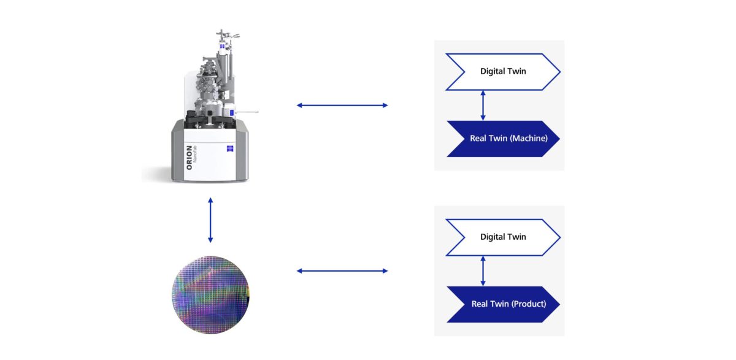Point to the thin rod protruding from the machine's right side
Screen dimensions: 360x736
pyautogui.click(x=248, y=112)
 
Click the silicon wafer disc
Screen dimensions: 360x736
pyautogui.click(x=210, y=295)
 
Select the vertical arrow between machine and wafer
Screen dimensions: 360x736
pyautogui.click(x=210, y=220)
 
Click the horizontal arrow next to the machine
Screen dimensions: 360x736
pyautogui.click(x=342, y=105)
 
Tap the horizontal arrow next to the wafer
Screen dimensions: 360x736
pyautogui.click(x=342, y=270)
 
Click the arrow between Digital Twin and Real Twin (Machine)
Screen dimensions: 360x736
pyautogui.click(x=483, y=105)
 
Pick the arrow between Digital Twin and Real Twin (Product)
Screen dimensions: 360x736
pyautogui.click(x=483, y=271)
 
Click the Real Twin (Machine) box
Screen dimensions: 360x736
pyautogui.click(x=503, y=139)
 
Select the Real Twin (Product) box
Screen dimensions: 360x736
pyautogui.click(x=503, y=304)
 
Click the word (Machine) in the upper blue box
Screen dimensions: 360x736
pyautogui.click(x=529, y=139)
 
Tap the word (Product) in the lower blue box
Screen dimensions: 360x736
pyautogui.click(x=528, y=304)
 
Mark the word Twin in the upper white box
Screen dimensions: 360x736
pyautogui.click(x=516, y=72)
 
